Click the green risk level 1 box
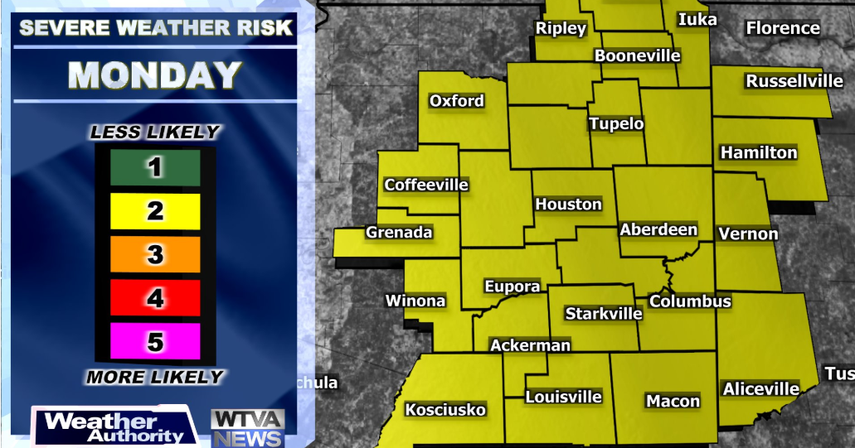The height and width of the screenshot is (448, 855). pos(155,168)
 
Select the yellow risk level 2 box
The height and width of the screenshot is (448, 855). pos(155,211)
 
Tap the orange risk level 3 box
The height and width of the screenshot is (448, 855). pos(155,254)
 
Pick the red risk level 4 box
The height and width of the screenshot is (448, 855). pos(155,297)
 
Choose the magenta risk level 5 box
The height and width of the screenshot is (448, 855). pos(155,340)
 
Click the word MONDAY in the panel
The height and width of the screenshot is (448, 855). pos(155,76)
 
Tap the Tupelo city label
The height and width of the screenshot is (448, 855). pos(616,124)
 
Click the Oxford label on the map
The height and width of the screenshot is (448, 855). pos(456,101)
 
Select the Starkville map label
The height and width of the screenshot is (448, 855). pos(604,314)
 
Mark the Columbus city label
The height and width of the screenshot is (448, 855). pos(690,301)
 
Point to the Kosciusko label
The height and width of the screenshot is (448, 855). pos(445,410)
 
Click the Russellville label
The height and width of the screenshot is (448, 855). pos(794,81)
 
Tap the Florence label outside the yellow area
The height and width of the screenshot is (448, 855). pos(783,28)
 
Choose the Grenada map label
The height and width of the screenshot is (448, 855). pos(399,233)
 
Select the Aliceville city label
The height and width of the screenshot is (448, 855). pos(761,388)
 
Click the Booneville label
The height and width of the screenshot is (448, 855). pos(637,56)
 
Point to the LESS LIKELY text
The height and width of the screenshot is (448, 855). pos(155,132)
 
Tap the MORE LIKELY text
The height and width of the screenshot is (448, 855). pos(155,378)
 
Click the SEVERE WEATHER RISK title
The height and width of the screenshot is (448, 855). pos(156,27)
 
